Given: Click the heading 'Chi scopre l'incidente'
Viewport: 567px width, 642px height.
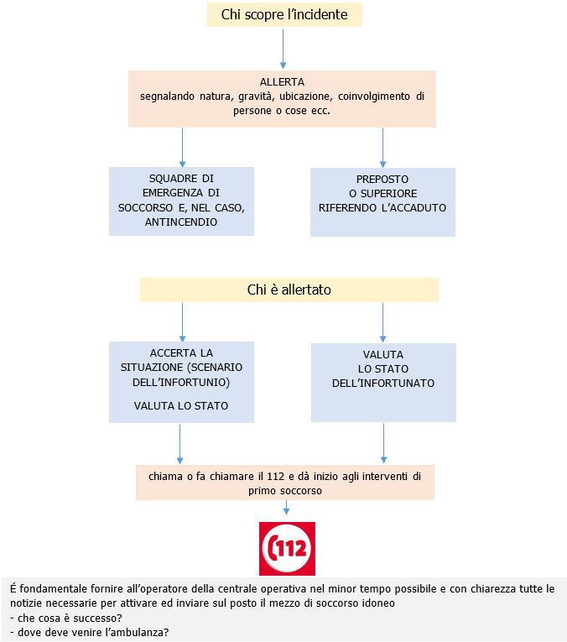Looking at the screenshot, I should [283, 14].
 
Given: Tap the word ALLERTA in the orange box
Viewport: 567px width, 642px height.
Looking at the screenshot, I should [282, 82].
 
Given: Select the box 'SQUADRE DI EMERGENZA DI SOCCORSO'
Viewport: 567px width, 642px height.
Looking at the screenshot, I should [181, 201].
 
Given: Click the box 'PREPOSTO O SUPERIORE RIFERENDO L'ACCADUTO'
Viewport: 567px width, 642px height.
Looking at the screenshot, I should [382, 201].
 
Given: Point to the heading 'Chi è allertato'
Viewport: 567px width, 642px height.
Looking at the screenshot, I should [289, 290].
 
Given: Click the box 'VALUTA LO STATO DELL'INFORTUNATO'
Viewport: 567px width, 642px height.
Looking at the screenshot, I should [383, 381].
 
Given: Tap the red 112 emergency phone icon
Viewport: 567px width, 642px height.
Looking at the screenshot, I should [287, 548].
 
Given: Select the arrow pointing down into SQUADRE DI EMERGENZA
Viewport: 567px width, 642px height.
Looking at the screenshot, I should [182, 147].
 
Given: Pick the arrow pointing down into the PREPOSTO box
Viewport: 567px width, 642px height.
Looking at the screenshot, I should [382, 147].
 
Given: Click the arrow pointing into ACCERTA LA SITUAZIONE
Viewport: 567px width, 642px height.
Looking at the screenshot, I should [182, 321].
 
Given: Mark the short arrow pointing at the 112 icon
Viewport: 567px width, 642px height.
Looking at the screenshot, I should [287, 509].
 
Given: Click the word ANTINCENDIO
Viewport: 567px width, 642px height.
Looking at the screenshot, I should [181, 222].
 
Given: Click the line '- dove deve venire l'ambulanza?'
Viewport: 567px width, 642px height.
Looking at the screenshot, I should [89, 633].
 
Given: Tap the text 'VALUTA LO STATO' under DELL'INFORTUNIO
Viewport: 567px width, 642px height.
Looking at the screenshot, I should [181, 406].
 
